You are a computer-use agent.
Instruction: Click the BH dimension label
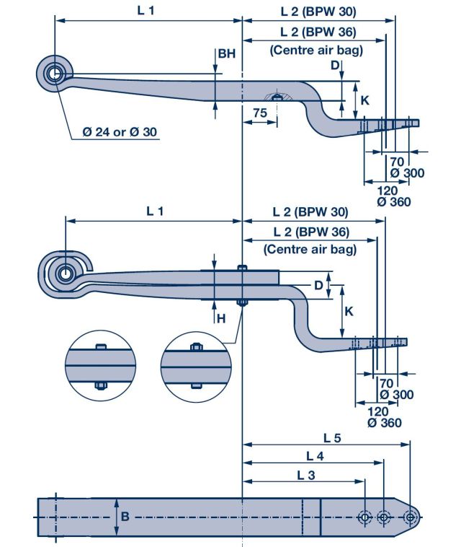pos(226,54)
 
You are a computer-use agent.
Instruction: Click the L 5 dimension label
pos(332,437)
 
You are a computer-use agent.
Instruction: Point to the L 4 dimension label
pos(315,455)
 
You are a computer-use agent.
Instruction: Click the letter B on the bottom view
pos(125,516)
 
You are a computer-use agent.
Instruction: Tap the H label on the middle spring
pos(221,318)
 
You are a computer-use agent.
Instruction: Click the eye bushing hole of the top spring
pos(54,74)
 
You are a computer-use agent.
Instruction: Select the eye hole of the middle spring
pos(66,273)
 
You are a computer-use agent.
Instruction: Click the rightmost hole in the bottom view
pos(410,517)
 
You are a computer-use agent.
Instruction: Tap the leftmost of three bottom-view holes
pos(364,517)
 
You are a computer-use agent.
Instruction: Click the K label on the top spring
pos(364,100)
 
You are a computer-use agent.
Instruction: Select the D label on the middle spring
pos(318,286)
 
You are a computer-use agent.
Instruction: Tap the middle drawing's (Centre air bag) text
pos(310,250)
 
